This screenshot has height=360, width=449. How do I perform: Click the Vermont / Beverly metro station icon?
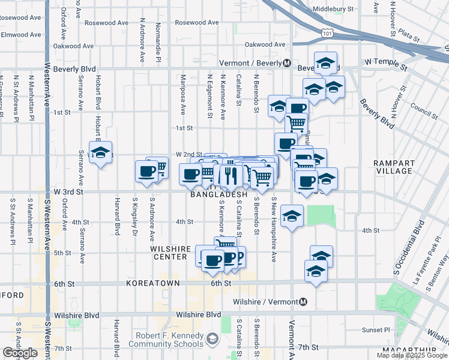288,63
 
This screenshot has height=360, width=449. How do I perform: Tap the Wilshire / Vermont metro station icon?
304,302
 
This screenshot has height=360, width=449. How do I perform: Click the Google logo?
20,353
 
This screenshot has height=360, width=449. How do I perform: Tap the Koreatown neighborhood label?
148,283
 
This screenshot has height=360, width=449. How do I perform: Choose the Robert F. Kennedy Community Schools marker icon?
212,340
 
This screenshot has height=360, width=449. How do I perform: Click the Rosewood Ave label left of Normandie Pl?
107,23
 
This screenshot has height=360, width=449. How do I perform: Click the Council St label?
424,107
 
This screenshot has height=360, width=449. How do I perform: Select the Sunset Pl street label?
376,330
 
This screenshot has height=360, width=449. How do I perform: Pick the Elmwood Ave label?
22,34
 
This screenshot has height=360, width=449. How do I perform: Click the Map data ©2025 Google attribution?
412,355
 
